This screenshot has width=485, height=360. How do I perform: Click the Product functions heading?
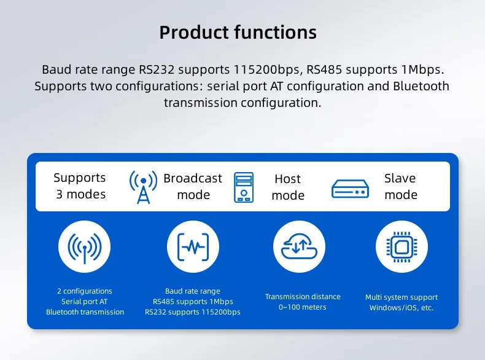pyautogui.click(x=238, y=32)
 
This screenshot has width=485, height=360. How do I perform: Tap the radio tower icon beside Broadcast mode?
pyautogui.click(x=143, y=187)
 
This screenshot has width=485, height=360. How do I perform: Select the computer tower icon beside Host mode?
pyautogui.click(x=244, y=187)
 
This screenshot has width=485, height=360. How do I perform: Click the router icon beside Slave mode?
pyautogui.click(x=350, y=188)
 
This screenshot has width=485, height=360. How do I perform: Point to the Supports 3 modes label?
pyautogui.click(x=80, y=186)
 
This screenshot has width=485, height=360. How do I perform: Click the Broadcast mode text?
pyautogui.click(x=193, y=186)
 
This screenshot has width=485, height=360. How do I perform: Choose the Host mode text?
pyautogui.click(x=287, y=187)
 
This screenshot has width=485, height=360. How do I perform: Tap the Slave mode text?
pyautogui.click(x=400, y=186)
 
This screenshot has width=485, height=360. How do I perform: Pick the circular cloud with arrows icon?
pyautogui.click(x=299, y=247)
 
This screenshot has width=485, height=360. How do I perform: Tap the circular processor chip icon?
pyautogui.click(x=402, y=247)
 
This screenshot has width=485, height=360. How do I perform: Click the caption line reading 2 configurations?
pyautogui.click(x=85, y=291)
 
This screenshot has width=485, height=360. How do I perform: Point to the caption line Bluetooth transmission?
pyautogui.click(x=85, y=312)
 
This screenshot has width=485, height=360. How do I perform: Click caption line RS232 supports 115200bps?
pyautogui.click(x=193, y=312)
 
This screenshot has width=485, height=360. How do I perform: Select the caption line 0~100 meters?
pyautogui.click(x=303, y=307)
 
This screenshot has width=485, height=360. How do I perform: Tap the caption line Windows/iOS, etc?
pyautogui.click(x=402, y=308)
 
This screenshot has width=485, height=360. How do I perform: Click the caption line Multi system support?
pyautogui.click(x=402, y=297)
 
